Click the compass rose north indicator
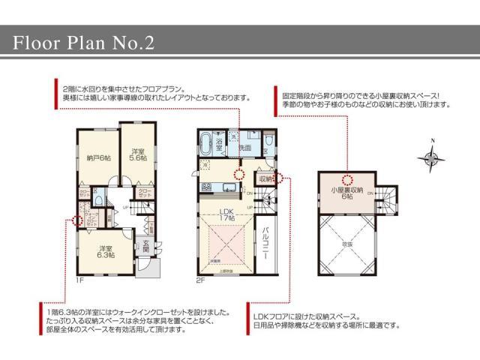pos(432,156)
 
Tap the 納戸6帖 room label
pos(98,157)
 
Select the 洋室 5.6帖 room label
pos(137,153)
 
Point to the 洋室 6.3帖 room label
pos(106,252)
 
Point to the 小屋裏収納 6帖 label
pos(347,193)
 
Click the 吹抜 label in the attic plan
pos(347,244)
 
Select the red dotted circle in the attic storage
pos(347,178)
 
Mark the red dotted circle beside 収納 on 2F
pos(277,178)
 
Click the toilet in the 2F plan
pos(270,141)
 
